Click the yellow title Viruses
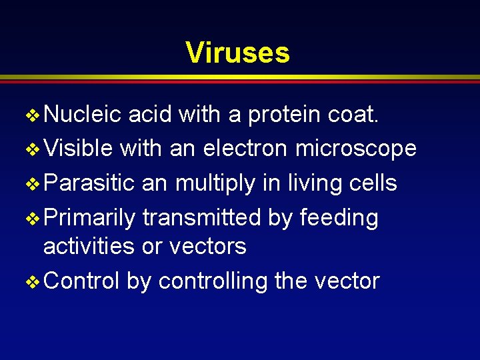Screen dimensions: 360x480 (237, 52)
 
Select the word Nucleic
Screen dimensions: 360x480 (82, 115)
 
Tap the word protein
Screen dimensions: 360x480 (285, 115)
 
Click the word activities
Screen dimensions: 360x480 (89, 246)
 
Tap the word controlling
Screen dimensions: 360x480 (213, 281)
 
